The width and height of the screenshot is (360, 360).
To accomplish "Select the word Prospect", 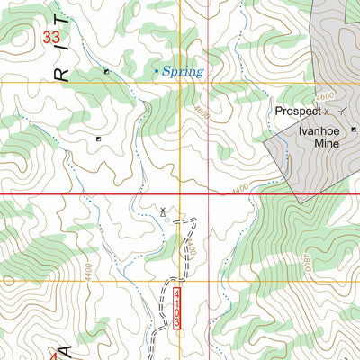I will (x=298, y=112).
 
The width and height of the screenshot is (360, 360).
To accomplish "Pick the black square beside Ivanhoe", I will (x=353, y=130).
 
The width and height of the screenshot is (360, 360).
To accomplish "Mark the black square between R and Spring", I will (x=106, y=70).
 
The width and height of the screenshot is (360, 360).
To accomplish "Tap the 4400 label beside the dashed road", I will (x=189, y=247).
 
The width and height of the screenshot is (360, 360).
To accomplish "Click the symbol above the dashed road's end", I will (x=162, y=211).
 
